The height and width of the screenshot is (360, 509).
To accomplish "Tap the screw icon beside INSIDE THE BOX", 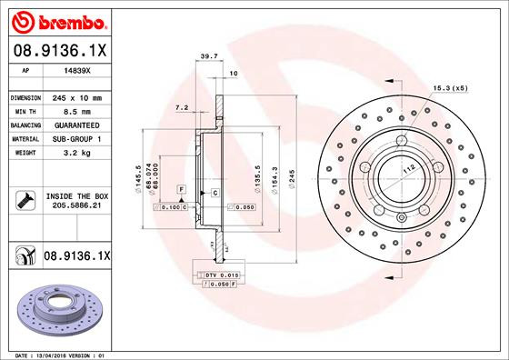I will coord(24,199).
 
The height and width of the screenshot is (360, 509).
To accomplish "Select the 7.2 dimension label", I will coord(181,108).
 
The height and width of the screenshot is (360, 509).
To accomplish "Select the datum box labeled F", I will coord(182,189).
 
